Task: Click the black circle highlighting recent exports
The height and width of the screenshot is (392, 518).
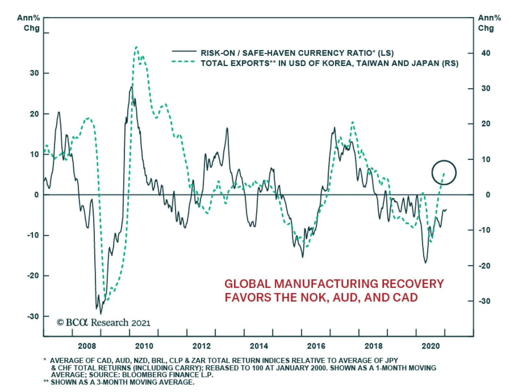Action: coord(444,172)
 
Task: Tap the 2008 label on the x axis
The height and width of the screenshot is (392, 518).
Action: coord(87,346)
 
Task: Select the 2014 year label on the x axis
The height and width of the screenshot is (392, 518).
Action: coord(259,346)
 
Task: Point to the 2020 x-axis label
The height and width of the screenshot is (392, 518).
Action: coord(431,346)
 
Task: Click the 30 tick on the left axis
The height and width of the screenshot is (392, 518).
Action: coord(34,73)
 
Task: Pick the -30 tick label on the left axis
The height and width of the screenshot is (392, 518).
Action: coord(33,316)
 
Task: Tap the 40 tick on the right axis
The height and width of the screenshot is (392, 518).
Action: coord(486,53)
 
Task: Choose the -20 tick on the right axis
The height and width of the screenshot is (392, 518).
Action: coord(484,266)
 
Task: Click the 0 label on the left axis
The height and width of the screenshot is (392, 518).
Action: coord(37,195)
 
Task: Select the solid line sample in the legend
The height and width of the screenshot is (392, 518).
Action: coord(184,51)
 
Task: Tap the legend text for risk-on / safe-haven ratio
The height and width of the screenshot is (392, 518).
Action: coord(297,53)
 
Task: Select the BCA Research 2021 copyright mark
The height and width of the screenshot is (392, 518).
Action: coord(104,323)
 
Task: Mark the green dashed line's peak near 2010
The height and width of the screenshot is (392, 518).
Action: coord(136,47)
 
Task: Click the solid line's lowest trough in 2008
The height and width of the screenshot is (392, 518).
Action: coord(101,314)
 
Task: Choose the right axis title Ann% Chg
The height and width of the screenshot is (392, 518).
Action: coord(489,23)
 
